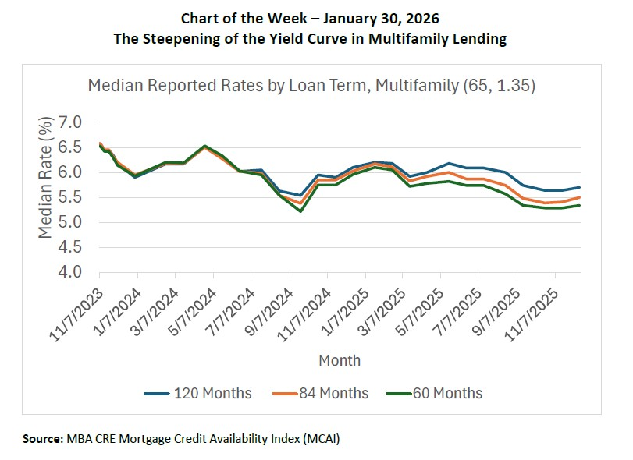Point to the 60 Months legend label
coord(447,393)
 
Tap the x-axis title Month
coord(340,360)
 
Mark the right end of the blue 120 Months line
coord(578,187)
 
